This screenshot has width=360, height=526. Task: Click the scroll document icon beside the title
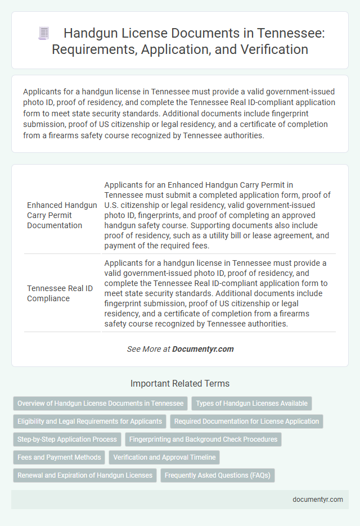point(44,33)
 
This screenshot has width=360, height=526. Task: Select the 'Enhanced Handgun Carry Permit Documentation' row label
point(62,215)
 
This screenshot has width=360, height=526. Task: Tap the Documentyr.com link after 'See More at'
point(203,349)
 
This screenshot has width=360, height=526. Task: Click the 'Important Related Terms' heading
point(180,384)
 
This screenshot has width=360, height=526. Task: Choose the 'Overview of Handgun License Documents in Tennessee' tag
point(100,403)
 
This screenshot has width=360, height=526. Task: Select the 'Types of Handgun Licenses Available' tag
point(251,403)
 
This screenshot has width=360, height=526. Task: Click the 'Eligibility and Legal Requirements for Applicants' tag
point(89,421)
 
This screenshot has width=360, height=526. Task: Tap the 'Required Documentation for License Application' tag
point(247,421)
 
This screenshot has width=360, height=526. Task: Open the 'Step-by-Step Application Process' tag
point(67,439)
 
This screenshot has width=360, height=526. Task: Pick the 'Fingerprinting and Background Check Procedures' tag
point(203,439)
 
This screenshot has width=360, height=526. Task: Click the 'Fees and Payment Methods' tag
point(59,457)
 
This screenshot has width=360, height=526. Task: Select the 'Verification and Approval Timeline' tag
point(164,457)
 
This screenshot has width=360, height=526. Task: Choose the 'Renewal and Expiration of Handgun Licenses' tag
point(84,475)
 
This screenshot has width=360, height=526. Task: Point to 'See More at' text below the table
point(148,349)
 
